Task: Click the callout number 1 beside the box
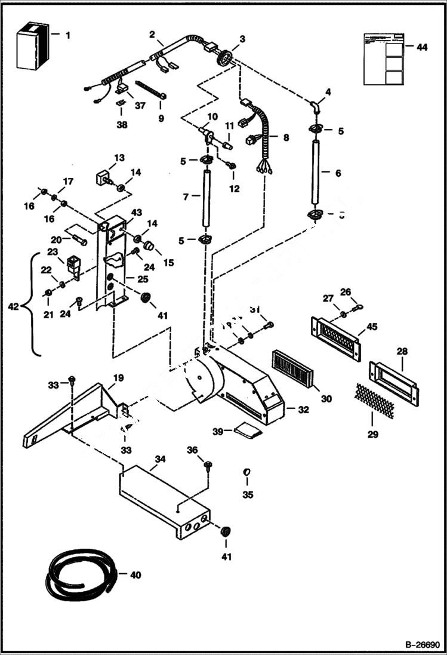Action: [67, 35]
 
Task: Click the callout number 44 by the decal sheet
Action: [422, 48]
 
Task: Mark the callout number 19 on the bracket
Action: [118, 378]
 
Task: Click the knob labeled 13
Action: [101, 177]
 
